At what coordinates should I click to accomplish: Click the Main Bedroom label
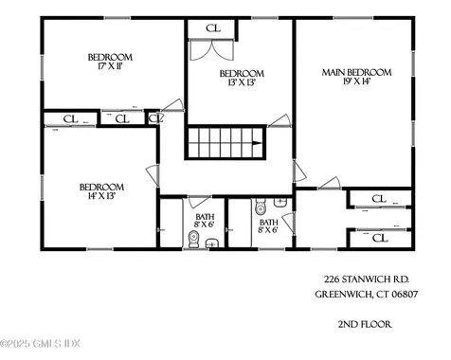pyautogui.click(x=356, y=72)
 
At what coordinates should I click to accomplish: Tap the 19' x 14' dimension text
pyautogui.click(x=356, y=81)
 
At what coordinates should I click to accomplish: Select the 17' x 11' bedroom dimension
pyautogui.click(x=110, y=66)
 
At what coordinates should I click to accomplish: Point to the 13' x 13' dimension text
pyautogui.click(x=242, y=82)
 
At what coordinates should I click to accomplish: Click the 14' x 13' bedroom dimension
pyautogui.click(x=101, y=196)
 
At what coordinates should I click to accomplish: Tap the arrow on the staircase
pyautogui.click(x=257, y=143)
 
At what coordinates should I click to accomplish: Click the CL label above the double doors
pyautogui.click(x=213, y=28)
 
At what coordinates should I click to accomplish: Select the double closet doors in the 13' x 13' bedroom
pyautogui.click(x=211, y=50)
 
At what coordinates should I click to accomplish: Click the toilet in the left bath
pyautogui.click(x=193, y=240)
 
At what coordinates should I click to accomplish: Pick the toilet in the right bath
pyautogui.click(x=261, y=207)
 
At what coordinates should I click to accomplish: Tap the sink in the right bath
pyautogui.click(x=280, y=203)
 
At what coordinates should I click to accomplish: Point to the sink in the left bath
pyautogui.click(x=212, y=243)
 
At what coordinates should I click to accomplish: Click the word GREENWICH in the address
pyautogui.click(x=344, y=295)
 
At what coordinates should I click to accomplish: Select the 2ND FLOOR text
pyautogui.click(x=365, y=324)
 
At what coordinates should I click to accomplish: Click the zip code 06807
pyautogui.click(x=405, y=295)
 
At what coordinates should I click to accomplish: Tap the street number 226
pyautogui.click(x=332, y=279)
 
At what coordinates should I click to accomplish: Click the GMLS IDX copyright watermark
pyautogui.click(x=40, y=343)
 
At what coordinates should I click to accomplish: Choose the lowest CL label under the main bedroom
pyautogui.click(x=379, y=238)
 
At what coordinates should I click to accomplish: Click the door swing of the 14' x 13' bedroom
pyautogui.click(x=153, y=175)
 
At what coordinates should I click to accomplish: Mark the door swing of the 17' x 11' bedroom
pyautogui.click(x=172, y=105)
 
